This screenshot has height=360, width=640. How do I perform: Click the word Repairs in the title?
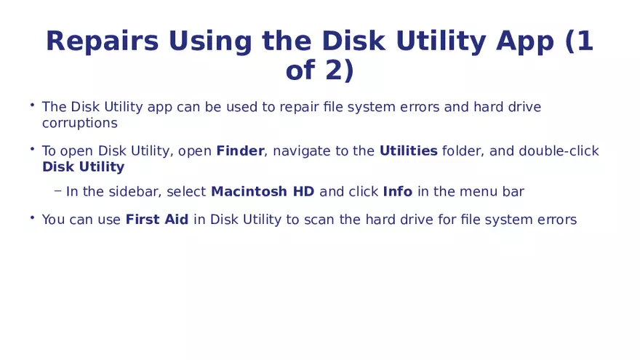(x=102, y=41)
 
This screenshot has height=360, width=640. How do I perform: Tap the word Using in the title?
(x=209, y=42)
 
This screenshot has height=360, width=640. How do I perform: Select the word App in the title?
(x=524, y=42)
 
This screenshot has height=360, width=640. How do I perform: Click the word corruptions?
(x=79, y=123)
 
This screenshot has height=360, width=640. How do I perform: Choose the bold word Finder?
(x=240, y=151)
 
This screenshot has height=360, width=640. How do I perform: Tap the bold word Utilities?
(x=408, y=151)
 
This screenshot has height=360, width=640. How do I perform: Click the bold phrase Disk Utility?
(x=83, y=167)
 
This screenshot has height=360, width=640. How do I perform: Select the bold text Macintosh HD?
(x=263, y=191)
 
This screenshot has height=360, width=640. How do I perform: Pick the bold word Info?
(x=398, y=191)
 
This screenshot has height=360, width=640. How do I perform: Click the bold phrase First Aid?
(x=157, y=219)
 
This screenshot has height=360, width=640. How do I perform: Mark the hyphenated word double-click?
(x=559, y=151)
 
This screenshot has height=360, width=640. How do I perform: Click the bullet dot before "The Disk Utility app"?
(x=32, y=105)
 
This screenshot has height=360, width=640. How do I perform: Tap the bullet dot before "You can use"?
(x=32, y=217)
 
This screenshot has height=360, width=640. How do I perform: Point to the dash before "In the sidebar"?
(x=58, y=191)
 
